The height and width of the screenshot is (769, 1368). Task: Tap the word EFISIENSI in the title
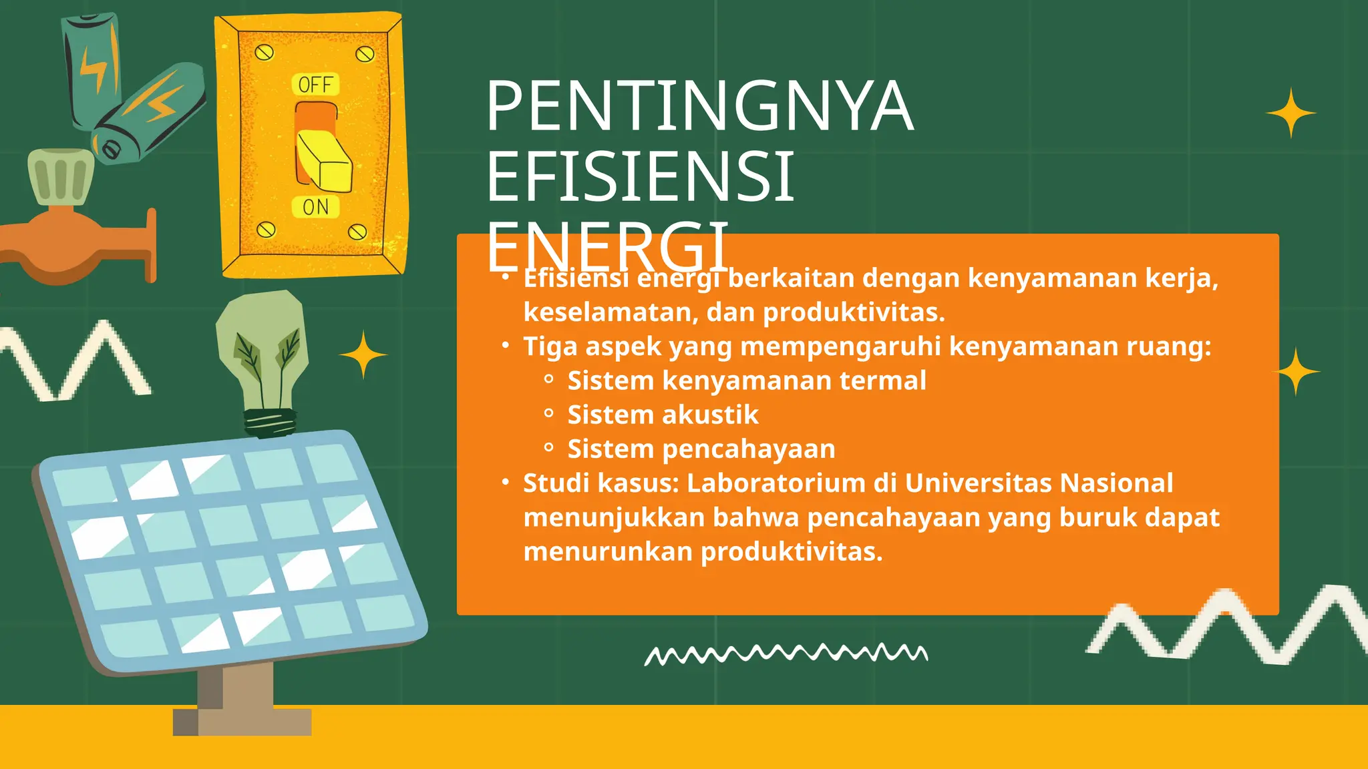tap(640, 176)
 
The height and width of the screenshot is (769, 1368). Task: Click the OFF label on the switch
tap(315, 85)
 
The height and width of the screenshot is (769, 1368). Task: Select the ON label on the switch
tap(316, 207)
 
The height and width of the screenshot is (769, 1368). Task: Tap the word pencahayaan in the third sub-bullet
tap(748, 449)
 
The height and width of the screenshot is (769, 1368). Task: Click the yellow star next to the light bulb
tap(363, 354)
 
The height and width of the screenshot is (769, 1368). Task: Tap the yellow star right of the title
tap(1291, 113)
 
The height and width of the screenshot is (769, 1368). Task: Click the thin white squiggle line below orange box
tap(786, 654)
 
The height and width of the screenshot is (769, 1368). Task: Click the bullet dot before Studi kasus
tap(506, 482)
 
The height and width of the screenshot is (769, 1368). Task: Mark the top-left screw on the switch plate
tap(265, 52)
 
